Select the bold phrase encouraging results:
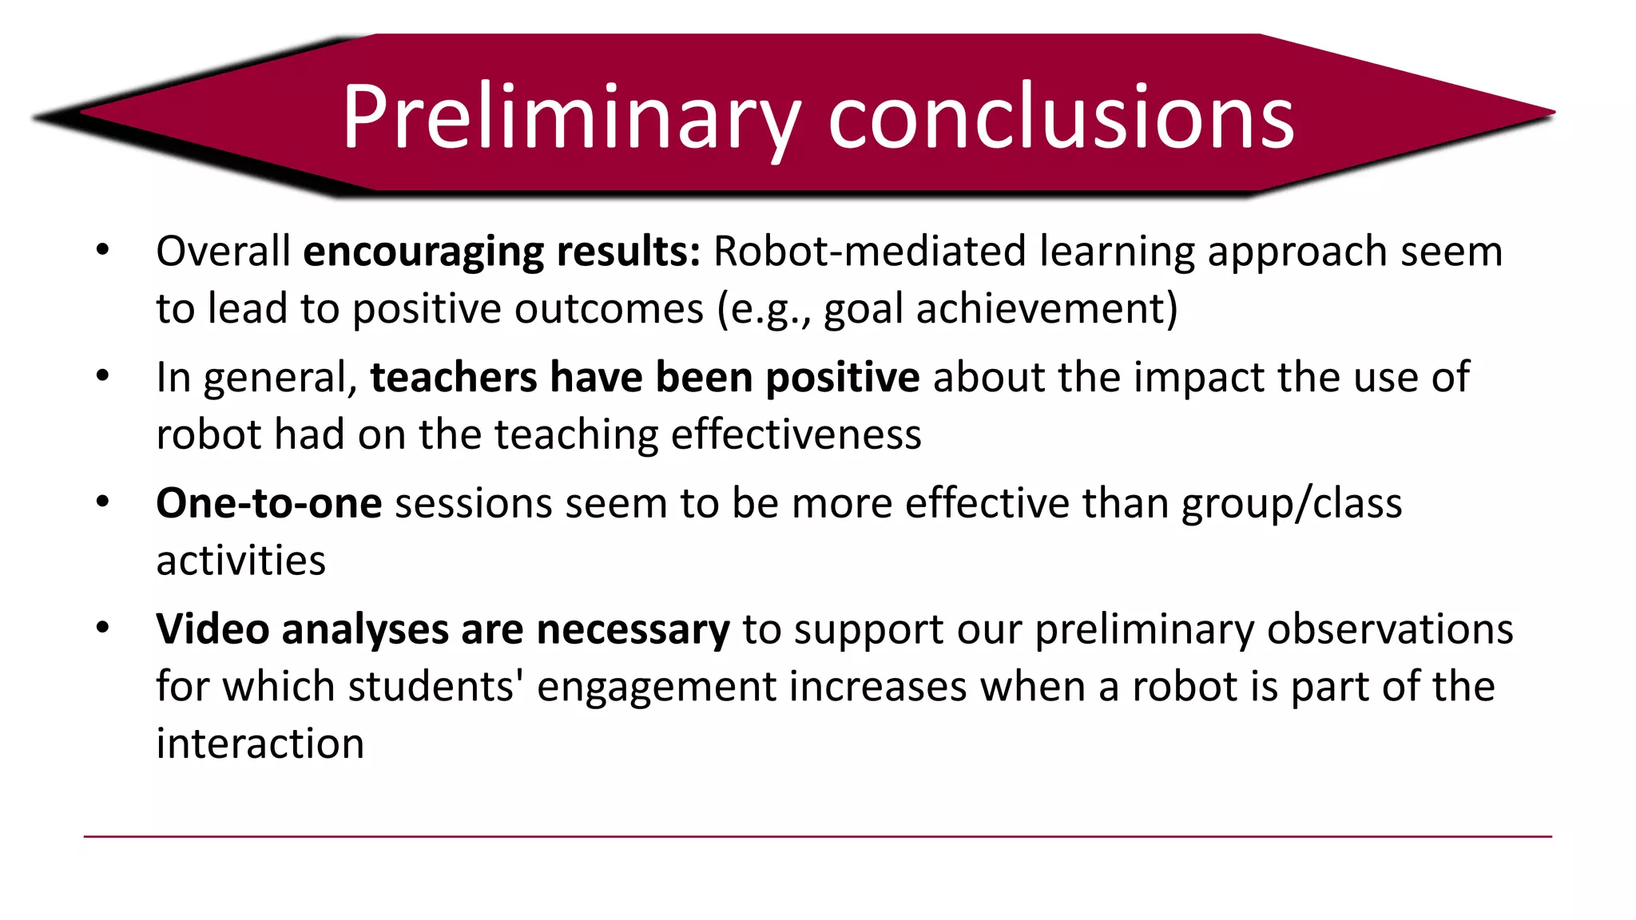pos(502,252)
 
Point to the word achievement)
pos(1046,309)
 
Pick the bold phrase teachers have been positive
pos(645,377)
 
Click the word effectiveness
pos(796,434)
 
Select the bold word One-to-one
pos(268,503)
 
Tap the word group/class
pos(1292,503)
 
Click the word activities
pos(240,561)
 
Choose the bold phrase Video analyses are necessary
pos(443,629)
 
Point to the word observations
pos(1390,629)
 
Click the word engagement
pos(657,687)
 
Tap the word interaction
pos(260,744)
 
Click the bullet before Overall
pos(102,251)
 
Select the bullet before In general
pos(102,376)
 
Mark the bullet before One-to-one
pos(102,502)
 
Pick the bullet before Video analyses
pos(102,629)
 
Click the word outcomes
pos(609,309)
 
